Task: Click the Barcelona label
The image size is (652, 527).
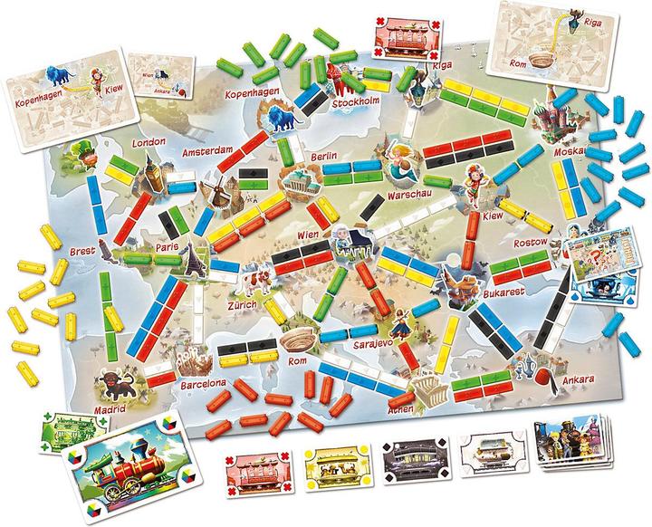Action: (202, 383)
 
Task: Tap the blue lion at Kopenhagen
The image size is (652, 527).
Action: (278, 117)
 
